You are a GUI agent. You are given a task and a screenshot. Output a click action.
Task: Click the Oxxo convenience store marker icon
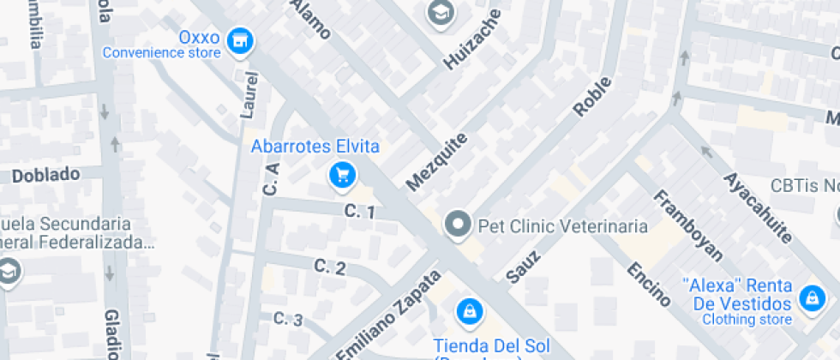(243, 39)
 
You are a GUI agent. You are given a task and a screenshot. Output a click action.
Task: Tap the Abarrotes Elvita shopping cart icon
(343, 176)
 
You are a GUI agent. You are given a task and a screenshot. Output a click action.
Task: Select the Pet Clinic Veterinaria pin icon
(458, 225)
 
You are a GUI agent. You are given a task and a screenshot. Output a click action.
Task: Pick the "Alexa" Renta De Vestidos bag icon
(809, 299)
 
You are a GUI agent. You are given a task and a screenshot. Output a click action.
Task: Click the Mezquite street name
(437, 161)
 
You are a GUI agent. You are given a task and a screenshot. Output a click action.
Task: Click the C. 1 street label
(359, 211)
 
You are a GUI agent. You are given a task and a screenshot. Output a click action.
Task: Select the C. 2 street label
(330, 267)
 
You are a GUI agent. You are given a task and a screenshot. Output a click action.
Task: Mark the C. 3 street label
(288, 319)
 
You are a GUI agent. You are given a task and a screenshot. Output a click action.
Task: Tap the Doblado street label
(45, 175)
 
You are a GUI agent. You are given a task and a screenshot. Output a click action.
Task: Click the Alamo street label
(310, 19)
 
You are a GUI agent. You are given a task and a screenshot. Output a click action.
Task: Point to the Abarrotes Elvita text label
(315, 147)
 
